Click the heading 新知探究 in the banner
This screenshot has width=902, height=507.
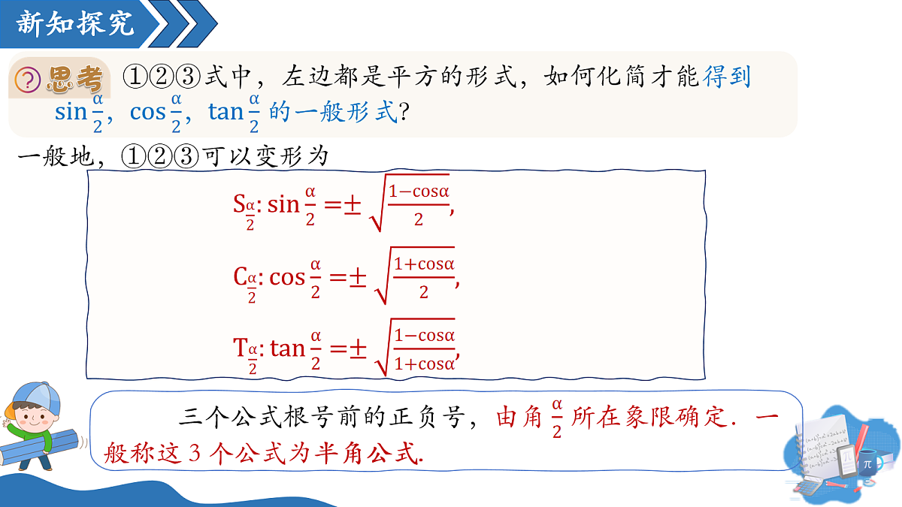point(75,23)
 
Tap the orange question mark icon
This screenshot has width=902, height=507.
point(27,80)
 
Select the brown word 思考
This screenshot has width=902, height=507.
point(75,79)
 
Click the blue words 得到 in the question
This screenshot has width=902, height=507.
point(726,77)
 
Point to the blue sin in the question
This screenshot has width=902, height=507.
point(71,111)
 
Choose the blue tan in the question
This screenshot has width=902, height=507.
point(225,111)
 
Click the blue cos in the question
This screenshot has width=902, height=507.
point(148,112)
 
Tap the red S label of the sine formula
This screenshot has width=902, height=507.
point(239,204)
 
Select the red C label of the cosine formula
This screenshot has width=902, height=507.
point(240,276)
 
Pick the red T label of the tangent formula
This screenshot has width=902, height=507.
point(240,347)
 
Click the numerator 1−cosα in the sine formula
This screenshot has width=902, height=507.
point(419,192)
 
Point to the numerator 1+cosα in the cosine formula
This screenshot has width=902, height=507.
point(424,264)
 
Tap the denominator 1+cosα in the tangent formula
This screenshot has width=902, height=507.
point(425,364)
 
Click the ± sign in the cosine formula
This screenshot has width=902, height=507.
point(358,278)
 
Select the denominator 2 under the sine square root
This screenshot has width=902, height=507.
point(419,219)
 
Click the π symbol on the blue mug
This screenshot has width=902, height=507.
point(867,465)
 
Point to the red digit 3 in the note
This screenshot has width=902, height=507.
point(195,453)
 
